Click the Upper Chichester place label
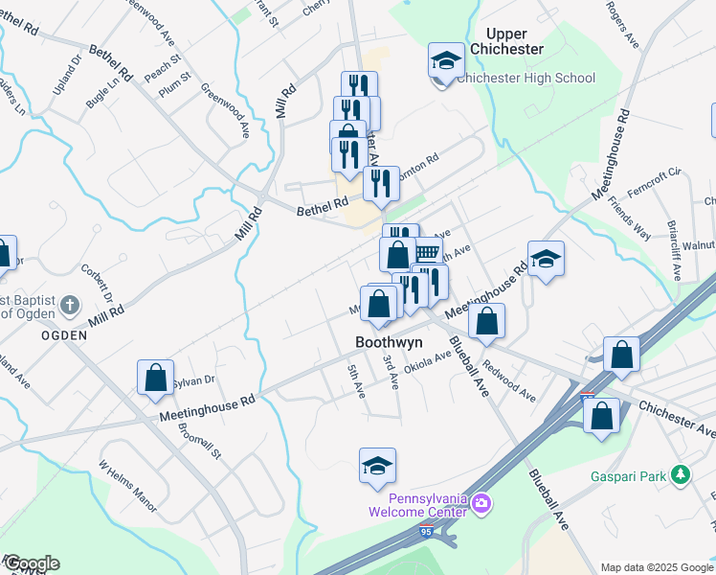click(x=507, y=41)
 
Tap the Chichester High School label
click(x=526, y=79)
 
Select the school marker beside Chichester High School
click(x=445, y=61)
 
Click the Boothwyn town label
click(x=390, y=340)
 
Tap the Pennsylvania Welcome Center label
click(x=427, y=504)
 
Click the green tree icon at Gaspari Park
click(x=680, y=474)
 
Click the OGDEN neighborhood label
click(x=64, y=335)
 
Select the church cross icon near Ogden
click(x=69, y=306)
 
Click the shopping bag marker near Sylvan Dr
click(x=155, y=378)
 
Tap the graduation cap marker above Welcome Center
click(x=378, y=466)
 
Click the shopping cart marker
click(x=427, y=252)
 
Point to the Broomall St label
click(x=199, y=442)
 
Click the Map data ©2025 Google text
click(x=656, y=567)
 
